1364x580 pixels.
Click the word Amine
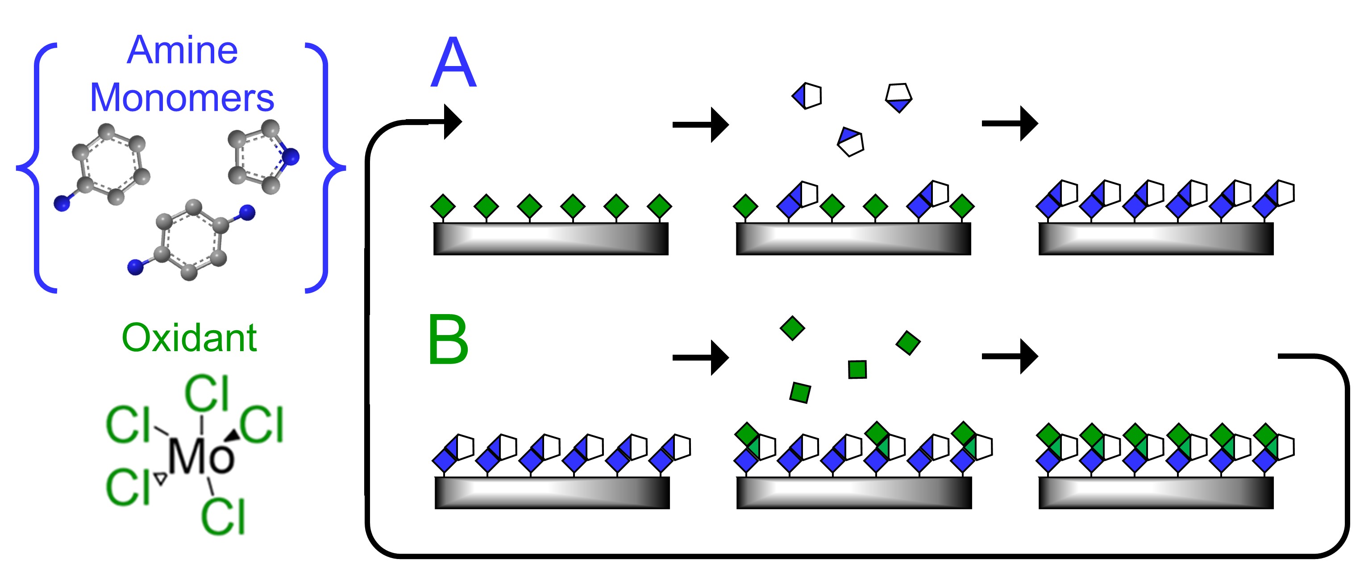[x=182, y=51]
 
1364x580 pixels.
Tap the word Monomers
[x=182, y=99]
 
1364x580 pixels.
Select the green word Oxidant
[x=189, y=338]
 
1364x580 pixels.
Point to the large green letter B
[x=448, y=340]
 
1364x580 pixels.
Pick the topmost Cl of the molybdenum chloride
[x=207, y=393]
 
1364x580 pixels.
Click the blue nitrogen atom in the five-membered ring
[x=290, y=157]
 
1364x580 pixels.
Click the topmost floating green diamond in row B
[x=792, y=328]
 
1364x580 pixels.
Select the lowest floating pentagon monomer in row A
[x=850, y=141]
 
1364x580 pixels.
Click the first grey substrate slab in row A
[x=551, y=239]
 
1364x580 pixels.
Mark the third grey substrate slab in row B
[x=1156, y=493]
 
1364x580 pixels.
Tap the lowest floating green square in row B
[x=800, y=393]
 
